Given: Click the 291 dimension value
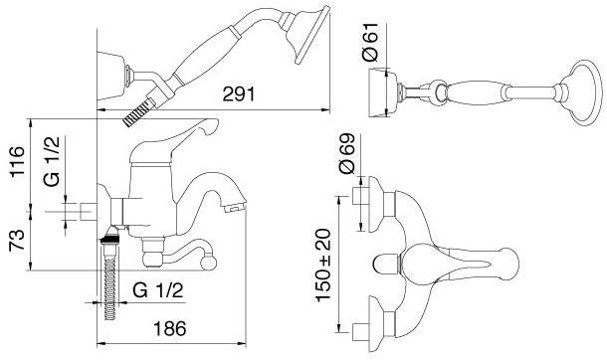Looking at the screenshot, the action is (239, 93).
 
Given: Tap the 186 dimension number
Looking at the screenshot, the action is (170, 329).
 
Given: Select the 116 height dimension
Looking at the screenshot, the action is (18, 162).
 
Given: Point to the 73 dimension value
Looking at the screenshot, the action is (18, 240).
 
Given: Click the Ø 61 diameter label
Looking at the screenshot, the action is (370, 42).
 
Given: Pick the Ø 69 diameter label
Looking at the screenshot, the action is (346, 153).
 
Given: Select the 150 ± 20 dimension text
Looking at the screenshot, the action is (323, 265).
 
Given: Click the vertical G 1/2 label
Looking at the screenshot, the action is (52, 162).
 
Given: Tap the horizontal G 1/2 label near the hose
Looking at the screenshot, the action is (157, 290).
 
